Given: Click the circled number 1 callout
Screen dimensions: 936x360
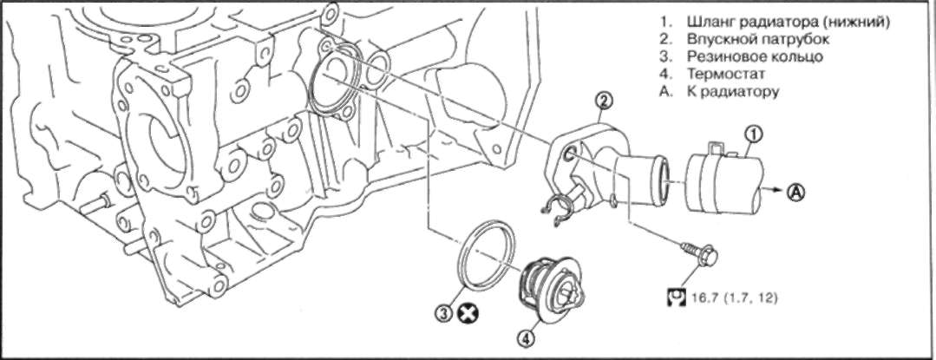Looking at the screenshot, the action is [754, 135].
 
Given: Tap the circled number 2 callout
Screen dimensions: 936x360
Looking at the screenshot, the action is [603, 101].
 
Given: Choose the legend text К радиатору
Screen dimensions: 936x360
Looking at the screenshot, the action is [732, 92].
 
